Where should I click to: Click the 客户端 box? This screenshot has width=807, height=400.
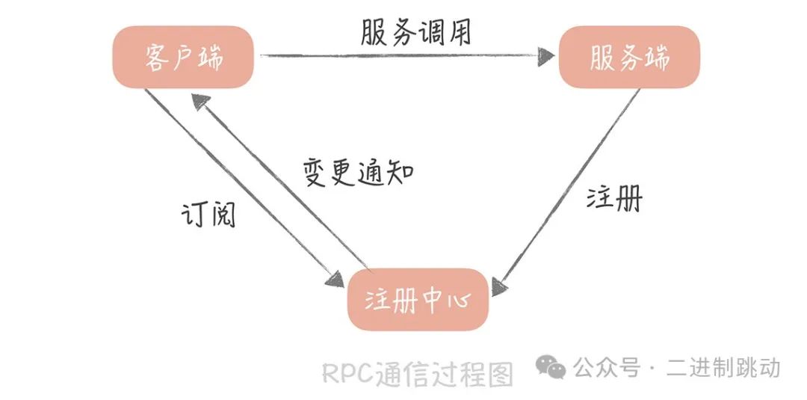click(184, 58)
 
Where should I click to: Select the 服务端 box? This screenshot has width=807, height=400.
click(629, 58)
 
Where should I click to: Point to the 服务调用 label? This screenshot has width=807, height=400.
click(415, 31)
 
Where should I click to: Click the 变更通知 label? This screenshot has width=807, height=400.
click(358, 173)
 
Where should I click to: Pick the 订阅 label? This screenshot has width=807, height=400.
click(208, 213)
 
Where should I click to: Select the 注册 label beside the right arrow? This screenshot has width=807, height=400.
click(613, 198)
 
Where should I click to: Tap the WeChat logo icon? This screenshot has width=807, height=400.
click(553, 367)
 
